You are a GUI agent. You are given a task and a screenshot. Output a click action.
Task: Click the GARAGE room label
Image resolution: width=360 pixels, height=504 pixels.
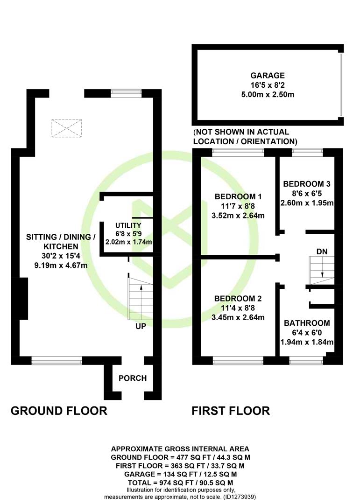click(x=268, y=76)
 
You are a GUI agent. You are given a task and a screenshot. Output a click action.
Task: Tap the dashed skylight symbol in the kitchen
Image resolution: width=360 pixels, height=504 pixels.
click(x=67, y=128)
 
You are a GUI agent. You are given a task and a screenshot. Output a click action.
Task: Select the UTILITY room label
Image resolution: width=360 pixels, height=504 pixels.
click(x=128, y=225)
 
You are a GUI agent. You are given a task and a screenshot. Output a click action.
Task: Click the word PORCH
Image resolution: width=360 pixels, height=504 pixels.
click(x=133, y=378)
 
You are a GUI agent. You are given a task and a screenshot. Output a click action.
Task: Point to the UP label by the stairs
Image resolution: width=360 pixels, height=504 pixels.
click(x=141, y=326)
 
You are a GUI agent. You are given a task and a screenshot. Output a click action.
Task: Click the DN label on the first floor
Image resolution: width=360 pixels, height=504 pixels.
click(x=322, y=252)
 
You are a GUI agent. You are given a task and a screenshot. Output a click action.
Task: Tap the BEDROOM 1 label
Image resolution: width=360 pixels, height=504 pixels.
click(x=238, y=196)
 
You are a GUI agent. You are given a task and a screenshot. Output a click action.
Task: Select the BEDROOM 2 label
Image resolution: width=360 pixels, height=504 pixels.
click(x=238, y=298)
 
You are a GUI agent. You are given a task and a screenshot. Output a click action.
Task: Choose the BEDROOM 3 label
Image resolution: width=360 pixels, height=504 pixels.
click(x=307, y=184)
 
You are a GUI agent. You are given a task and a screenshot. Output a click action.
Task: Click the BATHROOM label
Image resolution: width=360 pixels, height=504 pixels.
click(x=307, y=323)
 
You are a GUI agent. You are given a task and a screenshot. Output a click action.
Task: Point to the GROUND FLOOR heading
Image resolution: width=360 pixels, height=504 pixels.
click(x=59, y=411)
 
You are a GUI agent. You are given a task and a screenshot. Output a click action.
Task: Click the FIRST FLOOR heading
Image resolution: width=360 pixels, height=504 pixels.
click(x=231, y=411)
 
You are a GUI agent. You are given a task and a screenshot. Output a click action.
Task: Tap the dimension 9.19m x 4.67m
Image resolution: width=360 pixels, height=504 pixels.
click(x=61, y=266)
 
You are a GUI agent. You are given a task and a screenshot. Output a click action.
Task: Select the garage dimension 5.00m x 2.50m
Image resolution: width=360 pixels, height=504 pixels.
click(x=268, y=95)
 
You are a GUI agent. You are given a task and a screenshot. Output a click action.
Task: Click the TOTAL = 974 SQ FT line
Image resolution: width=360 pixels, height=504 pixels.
click(x=180, y=483)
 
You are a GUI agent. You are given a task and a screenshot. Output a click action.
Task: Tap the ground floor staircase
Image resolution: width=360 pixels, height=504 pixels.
click(x=140, y=299)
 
